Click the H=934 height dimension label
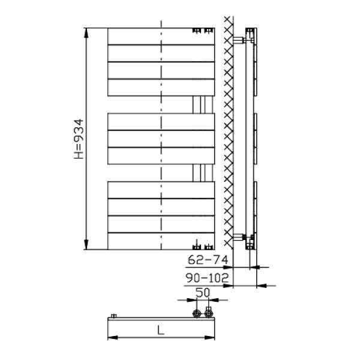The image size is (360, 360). (x=79, y=139)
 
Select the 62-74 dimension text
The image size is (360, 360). (x=208, y=260)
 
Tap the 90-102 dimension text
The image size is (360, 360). (x=208, y=278)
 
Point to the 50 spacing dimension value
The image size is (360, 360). (x=203, y=293)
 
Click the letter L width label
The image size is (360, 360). (x=161, y=331)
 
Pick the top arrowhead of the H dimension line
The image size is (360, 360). (x=86, y=33)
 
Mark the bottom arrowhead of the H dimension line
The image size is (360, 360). (x=86, y=245)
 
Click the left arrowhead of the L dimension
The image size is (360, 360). (x=113, y=337)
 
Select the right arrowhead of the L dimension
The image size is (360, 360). (x=209, y=337)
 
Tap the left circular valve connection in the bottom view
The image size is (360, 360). (x=197, y=313)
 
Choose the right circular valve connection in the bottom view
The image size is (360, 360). (x=209, y=313)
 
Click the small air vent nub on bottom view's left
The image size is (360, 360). (x=114, y=316)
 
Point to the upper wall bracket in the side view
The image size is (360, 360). (x=239, y=40)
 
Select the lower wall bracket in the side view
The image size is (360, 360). (x=239, y=237)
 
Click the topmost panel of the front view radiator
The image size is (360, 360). (x=161, y=36)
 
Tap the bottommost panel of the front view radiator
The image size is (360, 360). (x=161, y=241)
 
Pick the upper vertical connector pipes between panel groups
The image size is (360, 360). (x=203, y=104)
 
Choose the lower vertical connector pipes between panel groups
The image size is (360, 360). (x=203, y=173)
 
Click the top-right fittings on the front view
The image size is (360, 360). (x=203, y=31)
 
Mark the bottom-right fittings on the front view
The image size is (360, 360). (x=203, y=246)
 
